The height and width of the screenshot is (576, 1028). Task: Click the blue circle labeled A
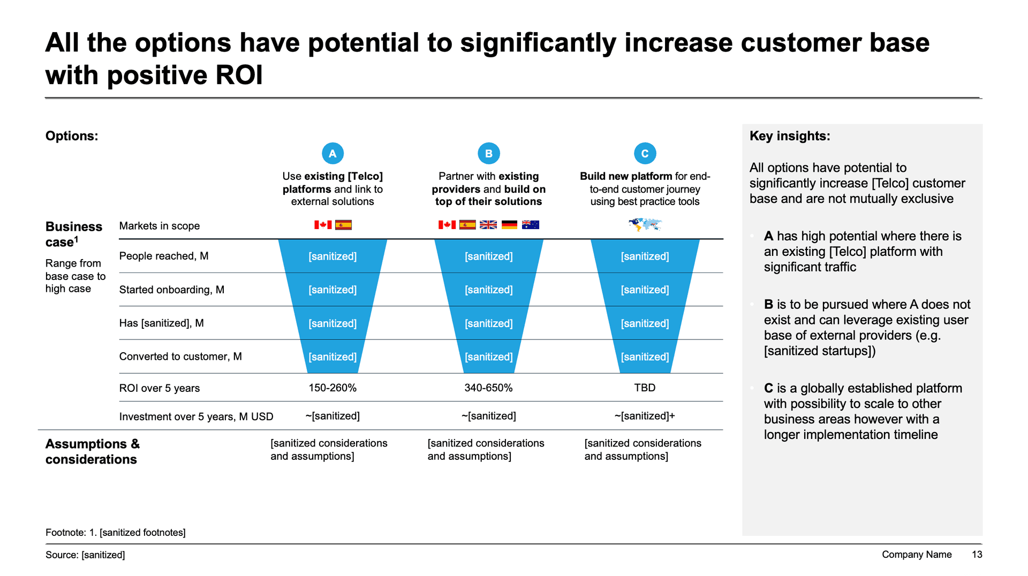click(332, 154)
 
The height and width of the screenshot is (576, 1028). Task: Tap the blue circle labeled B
click(488, 154)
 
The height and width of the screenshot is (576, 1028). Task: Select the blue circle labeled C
click(645, 154)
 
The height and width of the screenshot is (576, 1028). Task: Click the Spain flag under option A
click(343, 225)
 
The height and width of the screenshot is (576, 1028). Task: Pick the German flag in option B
click(509, 225)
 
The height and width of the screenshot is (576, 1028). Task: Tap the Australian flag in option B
click(530, 225)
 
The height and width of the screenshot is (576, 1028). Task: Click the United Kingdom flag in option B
click(488, 225)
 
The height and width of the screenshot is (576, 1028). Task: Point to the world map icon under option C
click(645, 224)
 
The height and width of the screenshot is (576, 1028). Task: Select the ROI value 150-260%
click(332, 388)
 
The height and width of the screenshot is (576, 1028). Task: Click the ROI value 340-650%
click(488, 388)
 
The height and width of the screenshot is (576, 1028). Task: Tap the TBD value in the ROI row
click(645, 388)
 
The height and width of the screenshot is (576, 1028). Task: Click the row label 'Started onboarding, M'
click(172, 290)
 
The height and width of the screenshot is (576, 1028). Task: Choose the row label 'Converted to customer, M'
click(180, 357)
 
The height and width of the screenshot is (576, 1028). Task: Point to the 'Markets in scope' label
click(160, 226)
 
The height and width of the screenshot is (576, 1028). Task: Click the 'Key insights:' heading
click(790, 136)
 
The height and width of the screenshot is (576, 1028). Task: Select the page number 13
click(977, 555)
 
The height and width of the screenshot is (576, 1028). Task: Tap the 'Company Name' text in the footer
click(917, 555)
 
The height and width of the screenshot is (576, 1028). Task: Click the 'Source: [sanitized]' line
click(85, 555)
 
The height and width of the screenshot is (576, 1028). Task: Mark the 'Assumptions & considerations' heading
click(93, 451)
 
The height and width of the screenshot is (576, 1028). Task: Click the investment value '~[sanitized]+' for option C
click(645, 416)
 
